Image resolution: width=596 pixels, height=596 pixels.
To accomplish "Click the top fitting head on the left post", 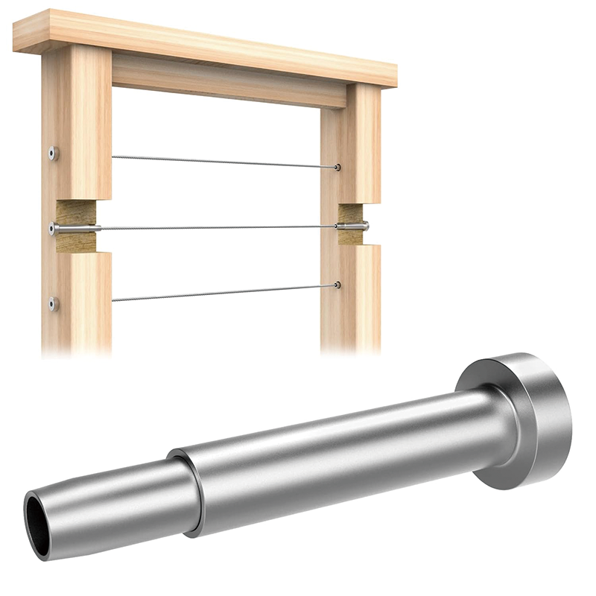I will click(x=53, y=154).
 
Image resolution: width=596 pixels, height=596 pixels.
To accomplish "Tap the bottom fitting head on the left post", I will click(x=53, y=303).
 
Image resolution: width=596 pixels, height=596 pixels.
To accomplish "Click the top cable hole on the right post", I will click(x=337, y=168).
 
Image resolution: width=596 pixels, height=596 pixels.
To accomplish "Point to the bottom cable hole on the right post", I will click(x=337, y=285).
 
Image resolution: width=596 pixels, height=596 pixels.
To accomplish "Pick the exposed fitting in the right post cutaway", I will click(x=352, y=225).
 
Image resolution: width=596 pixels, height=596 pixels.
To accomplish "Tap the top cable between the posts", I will click(x=223, y=162).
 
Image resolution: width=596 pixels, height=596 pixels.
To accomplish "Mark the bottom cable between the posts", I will click(x=223, y=292).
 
